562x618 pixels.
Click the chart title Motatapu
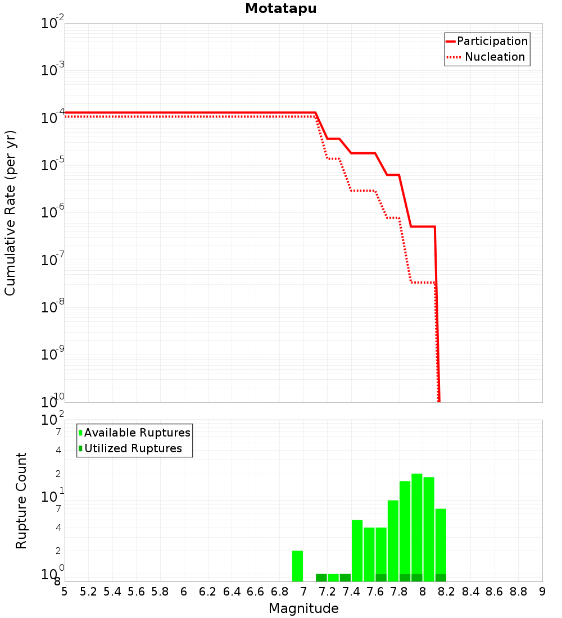[x=281, y=8]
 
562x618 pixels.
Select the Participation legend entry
[x=487, y=41]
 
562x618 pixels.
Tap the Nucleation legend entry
[x=486, y=57]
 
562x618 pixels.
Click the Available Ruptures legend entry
[x=134, y=433]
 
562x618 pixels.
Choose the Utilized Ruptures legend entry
[x=130, y=448]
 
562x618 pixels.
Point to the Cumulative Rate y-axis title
[x=10, y=213]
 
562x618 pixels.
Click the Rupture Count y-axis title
[x=21, y=501]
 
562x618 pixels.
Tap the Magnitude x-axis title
[x=303, y=608]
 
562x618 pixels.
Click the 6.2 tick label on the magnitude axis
[x=207, y=592]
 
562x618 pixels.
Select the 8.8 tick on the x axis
[x=518, y=592]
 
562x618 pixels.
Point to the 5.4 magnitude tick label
[x=112, y=592]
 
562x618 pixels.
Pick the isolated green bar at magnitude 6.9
[x=297, y=566]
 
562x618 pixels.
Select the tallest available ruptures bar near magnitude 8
[x=417, y=528]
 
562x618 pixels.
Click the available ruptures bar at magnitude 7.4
[x=357, y=551]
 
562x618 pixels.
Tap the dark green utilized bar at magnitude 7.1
[x=321, y=578]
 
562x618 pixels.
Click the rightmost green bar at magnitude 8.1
[x=441, y=545]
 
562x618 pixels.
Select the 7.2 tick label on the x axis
[x=327, y=592]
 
